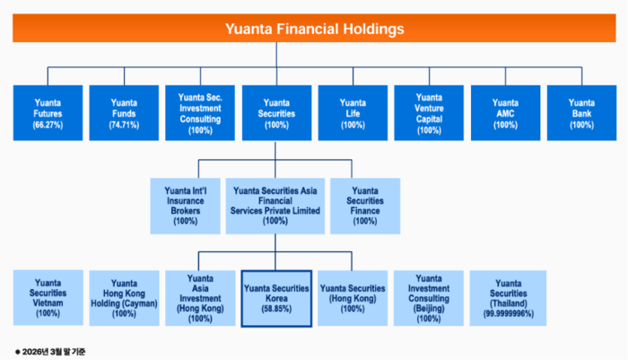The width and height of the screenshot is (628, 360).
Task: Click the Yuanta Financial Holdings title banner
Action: [x=314, y=28]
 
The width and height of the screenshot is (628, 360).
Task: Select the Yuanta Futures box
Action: [x=48, y=112]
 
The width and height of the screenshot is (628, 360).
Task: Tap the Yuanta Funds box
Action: [x=124, y=112]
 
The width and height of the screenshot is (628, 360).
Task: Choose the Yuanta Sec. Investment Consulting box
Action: [x=200, y=112]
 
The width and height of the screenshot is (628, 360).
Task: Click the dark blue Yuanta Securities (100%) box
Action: [x=276, y=112]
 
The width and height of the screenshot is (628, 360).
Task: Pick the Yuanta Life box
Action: [x=353, y=112]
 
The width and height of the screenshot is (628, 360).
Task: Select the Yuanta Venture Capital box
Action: [x=429, y=112]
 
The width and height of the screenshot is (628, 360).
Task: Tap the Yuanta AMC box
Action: [x=505, y=112]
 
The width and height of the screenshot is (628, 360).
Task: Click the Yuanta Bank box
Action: [x=582, y=112]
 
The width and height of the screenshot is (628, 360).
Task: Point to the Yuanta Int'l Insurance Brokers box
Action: [x=185, y=206]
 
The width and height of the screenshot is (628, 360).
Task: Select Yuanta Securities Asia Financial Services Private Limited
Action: [x=275, y=206]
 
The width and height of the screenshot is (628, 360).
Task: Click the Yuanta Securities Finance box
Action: [x=365, y=206]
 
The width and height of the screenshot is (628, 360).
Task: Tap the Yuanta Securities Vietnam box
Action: [x=48, y=297]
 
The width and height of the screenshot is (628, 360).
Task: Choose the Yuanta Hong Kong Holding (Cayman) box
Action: [x=124, y=298]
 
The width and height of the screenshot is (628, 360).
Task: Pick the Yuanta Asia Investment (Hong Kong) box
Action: [x=200, y=298]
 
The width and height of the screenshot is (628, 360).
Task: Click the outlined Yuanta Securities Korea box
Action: [x=276, y=298]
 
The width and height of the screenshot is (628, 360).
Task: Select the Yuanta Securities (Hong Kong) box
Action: [x=353, y=298]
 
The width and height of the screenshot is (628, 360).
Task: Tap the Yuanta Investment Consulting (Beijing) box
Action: [x=429, y=298]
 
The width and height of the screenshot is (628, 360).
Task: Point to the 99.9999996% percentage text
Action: [x=509, y=314]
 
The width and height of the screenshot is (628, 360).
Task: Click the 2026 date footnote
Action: [x=50, y=352]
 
